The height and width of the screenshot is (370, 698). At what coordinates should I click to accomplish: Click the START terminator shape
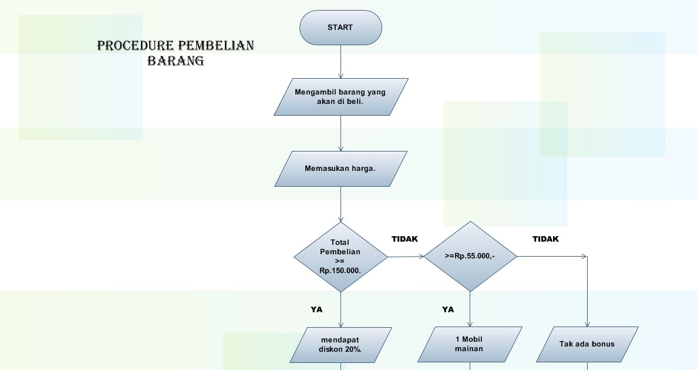[x=340, y=28]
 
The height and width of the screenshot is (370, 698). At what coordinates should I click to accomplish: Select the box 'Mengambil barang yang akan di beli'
[x=340, y=97]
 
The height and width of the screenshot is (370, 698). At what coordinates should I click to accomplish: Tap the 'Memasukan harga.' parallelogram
[x=340, y=169]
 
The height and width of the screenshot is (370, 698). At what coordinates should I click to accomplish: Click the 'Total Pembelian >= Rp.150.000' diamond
[x=340, y=257]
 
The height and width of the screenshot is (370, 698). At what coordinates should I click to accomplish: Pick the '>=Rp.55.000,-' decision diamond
[x=470, y=256]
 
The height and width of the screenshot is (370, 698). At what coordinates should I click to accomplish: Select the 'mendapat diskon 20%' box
[x=340, y=344]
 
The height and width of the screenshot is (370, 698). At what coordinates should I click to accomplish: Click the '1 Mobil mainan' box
[x=470, y=344]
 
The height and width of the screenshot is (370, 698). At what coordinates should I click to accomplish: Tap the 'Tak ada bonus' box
[x=587, y=344]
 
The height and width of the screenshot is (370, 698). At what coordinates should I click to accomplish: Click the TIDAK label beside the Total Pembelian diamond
[x=404, y=239]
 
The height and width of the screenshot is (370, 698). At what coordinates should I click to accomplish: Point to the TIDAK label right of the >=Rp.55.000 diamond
[x=545, y=239]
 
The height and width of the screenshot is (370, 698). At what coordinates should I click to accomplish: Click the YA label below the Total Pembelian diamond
[x=316, y=309]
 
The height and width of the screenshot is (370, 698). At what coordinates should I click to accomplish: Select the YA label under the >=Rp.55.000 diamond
[x=448, y=309]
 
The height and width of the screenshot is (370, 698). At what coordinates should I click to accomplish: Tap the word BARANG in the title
[x=175, y=60]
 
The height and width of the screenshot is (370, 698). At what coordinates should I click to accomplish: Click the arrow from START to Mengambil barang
[x=340, y=62]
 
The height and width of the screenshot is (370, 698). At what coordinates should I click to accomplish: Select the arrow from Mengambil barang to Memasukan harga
[x=340, y=133]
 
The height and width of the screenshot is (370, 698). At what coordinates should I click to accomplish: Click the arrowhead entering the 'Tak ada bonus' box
[x=587, y=324]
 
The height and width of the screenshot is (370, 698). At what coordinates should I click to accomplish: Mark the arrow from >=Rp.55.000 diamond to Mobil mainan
[x=470, y=309]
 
